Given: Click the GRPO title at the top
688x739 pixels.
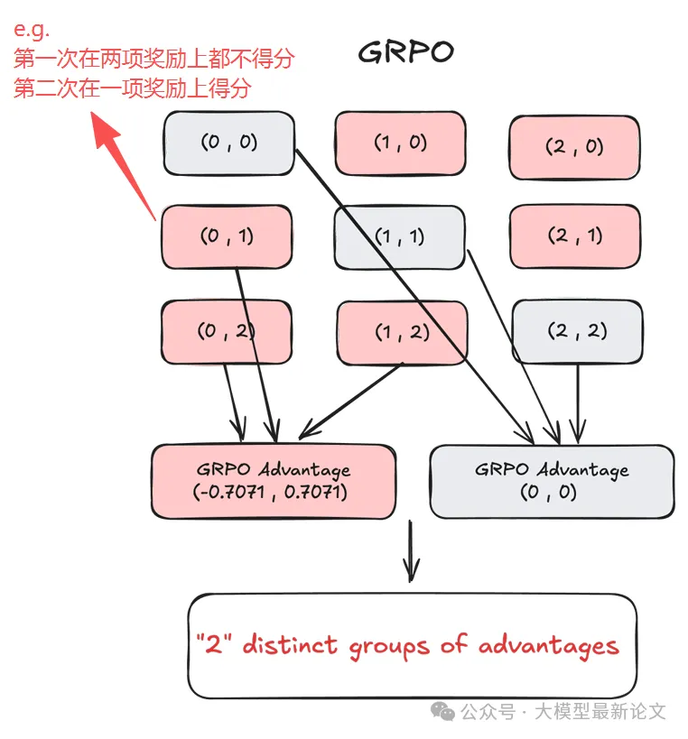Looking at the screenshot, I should pos(405,51).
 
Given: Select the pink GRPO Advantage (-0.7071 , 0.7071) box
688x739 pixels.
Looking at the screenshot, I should pos(273,481).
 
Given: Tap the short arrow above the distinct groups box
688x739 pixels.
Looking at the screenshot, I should pos(411,550).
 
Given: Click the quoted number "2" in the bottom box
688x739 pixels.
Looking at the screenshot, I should pos(215,644).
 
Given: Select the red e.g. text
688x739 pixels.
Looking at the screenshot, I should pos(31,31).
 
